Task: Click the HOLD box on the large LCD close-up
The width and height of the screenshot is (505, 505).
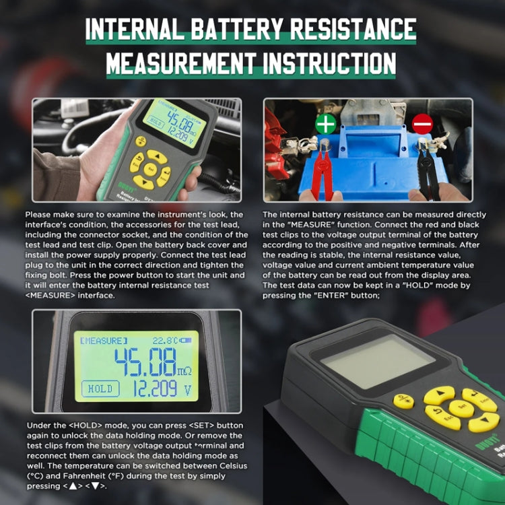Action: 100,389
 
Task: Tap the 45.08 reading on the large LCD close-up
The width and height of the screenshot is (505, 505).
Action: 145,362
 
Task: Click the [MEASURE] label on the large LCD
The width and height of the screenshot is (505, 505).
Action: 103,341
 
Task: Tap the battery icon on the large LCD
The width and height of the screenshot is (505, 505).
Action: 186,341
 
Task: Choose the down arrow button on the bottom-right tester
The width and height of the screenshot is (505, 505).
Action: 483,422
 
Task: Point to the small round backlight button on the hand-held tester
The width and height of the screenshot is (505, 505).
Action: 141,141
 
